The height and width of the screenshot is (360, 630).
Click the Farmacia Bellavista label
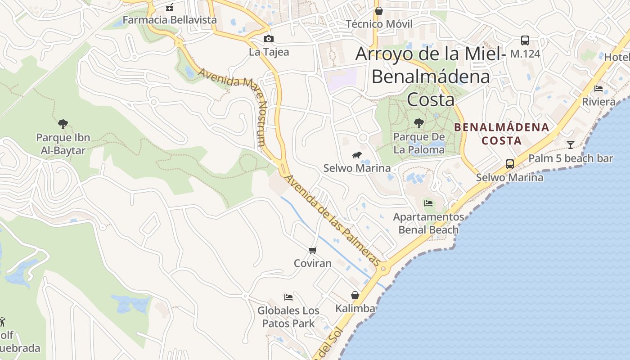point(170,20)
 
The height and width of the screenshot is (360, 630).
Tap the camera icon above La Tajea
point(269,39)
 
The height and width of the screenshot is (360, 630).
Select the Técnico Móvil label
point(379,24)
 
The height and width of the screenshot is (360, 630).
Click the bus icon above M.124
point(525,40)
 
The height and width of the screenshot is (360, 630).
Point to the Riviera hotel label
point(598,102)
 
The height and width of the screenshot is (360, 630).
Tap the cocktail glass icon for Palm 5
point(571,144)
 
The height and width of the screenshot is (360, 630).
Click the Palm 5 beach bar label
point(571,158)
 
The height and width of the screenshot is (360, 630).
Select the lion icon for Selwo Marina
point(357,156)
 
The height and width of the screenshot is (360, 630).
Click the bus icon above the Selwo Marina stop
point(510,164)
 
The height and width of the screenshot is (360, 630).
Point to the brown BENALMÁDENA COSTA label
point(502,134)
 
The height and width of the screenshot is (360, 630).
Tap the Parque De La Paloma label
point(419,143)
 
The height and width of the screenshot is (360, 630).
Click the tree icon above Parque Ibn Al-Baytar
point(63,124)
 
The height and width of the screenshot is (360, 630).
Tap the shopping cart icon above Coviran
point(313,250)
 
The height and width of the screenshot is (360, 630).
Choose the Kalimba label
point(355,308)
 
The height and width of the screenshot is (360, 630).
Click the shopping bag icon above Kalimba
point(355,295)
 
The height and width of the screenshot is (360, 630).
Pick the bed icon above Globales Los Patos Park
point(288,297)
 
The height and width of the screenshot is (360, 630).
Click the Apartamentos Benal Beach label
point(428,223)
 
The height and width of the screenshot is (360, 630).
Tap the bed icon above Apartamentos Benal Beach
point(428,203)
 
